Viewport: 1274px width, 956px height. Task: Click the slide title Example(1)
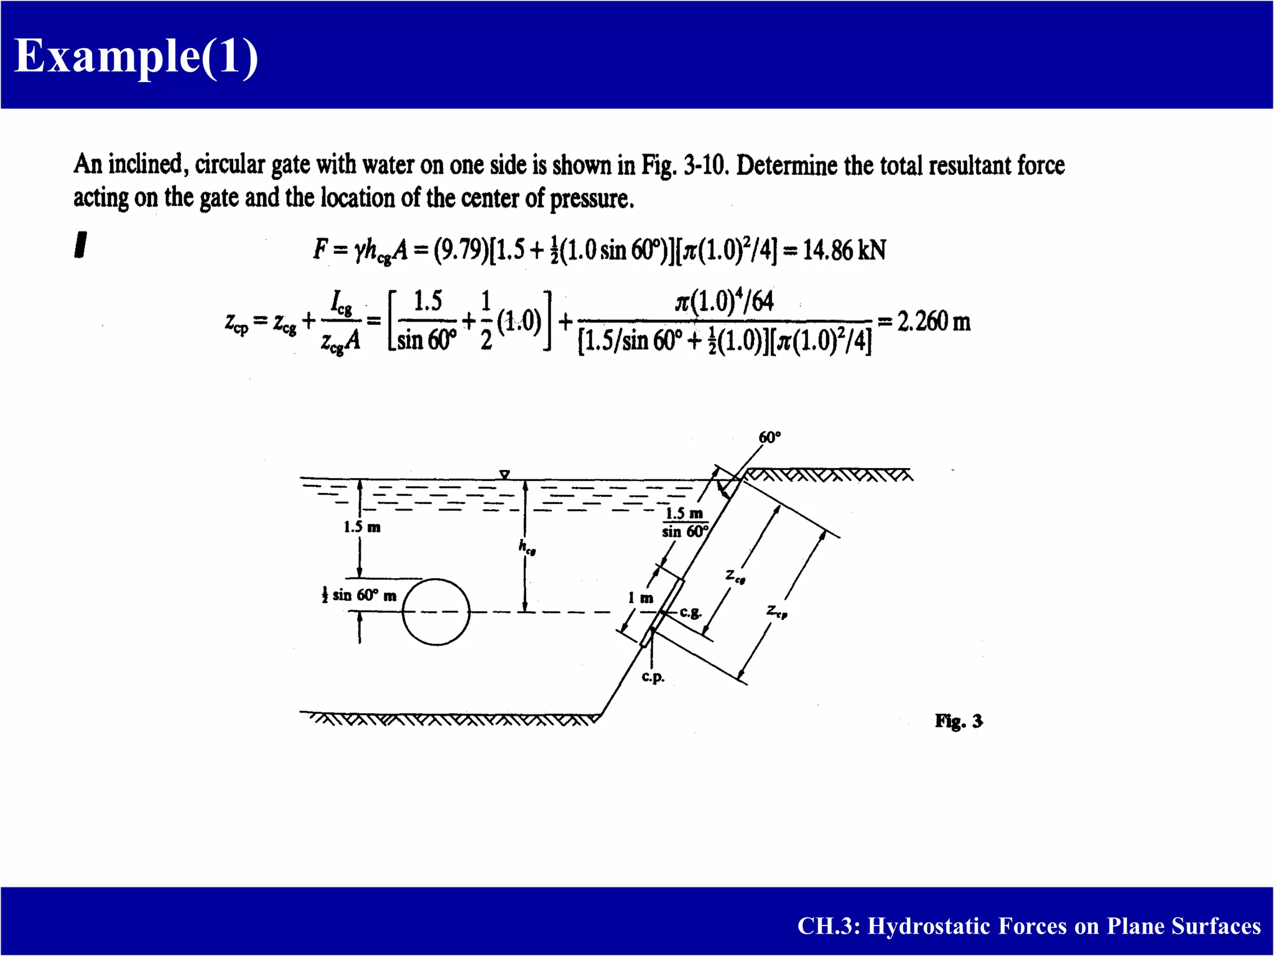point(136,56)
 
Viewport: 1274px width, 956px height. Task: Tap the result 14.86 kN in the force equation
point(844,250)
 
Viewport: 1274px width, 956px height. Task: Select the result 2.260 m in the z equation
point(933,322)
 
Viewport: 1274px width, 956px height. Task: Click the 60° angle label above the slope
point(770,438)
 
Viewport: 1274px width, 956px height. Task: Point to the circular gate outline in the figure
point(435,612)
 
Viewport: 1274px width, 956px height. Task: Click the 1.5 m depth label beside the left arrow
point(362,527)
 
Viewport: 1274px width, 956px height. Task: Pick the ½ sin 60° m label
point(359,596)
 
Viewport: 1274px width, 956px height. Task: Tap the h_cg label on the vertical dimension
point(527,546)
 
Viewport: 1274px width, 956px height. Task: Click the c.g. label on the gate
point(690,612)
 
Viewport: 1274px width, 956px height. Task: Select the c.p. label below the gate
point(653,677)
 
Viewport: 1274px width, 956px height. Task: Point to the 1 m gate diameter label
point(641,598)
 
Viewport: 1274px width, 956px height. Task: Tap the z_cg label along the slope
point(735,576)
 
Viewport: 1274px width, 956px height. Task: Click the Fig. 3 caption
point(959,721)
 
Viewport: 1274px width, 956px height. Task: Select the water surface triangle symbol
point(504,475)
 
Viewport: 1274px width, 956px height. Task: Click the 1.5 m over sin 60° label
point(684,522)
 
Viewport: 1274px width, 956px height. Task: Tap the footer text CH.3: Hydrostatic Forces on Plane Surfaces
point(1029,926)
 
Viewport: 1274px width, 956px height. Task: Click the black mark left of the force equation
point(80,245)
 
